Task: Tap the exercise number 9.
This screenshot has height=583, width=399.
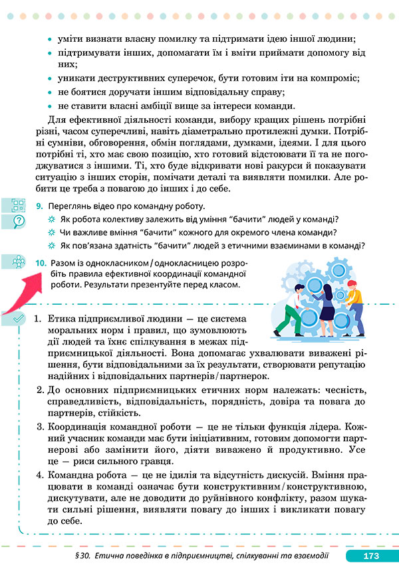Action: (x=40, y=207)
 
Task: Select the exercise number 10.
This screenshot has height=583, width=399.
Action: (x=41, y=264)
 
